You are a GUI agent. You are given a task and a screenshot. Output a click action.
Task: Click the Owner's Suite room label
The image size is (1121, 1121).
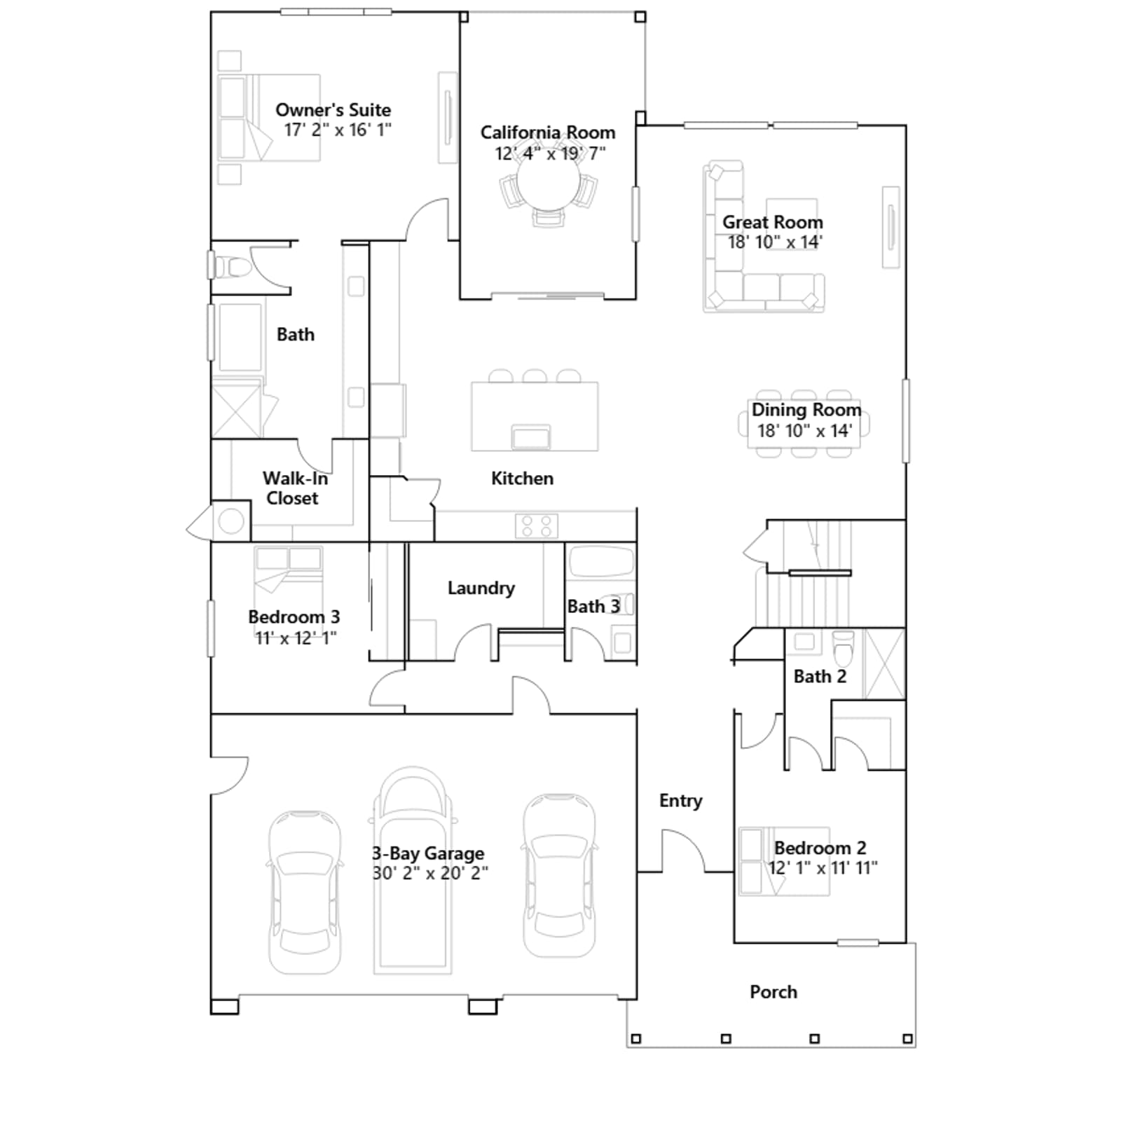click(333, 110)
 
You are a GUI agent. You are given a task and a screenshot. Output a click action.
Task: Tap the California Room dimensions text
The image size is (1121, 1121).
click(550, 153)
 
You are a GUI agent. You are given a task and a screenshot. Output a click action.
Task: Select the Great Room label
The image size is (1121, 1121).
click(773, 222)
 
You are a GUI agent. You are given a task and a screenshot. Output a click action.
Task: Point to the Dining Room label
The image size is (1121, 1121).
click(806, 410)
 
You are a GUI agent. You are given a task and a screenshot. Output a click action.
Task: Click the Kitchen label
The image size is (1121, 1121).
click(522, 479)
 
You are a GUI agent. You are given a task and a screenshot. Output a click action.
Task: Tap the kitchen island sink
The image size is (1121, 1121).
click(531, 437)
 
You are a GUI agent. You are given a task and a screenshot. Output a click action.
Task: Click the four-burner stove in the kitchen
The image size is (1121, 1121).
click(537, 525)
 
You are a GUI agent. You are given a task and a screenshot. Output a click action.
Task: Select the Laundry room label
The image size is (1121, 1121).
click(481, 588)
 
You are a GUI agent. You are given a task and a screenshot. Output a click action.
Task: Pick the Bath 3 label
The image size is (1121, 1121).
click(593, 606)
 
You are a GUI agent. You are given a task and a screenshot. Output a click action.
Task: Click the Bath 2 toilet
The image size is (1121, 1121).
click(844, 648)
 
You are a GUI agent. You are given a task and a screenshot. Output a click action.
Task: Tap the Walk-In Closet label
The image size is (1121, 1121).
click(294, 488)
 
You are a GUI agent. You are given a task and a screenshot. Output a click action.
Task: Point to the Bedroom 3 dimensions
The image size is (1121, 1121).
click(296, 638)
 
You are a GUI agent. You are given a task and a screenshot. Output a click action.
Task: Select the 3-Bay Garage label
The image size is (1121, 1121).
click(428, 853)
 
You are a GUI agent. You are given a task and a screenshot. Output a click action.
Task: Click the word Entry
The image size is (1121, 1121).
click(680, 801)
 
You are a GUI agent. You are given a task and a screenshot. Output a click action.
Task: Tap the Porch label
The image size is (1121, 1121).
click(773, 992)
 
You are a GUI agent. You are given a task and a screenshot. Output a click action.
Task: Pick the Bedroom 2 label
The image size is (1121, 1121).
click(820, 848)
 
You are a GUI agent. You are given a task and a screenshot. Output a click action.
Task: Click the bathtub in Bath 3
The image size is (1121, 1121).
click(601, 561)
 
